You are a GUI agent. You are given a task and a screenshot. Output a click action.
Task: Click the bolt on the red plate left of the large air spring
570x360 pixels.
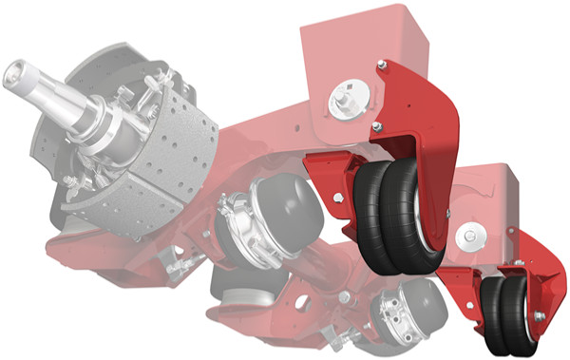tap(338, 197)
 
